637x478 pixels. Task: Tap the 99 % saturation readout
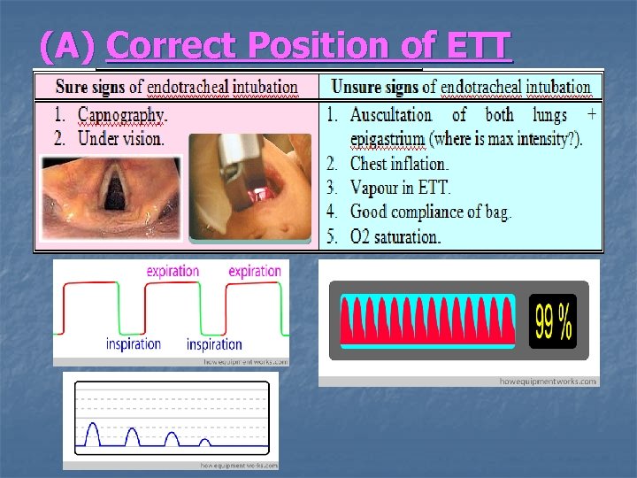pos(553,320)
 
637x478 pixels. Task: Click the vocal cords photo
pos(112,197)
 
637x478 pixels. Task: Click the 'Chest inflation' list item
pos(399,164)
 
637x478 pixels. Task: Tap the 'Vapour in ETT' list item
pos(400,188)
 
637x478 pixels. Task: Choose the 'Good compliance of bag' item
pos(430,212)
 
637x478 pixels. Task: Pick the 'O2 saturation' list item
pos(395,236)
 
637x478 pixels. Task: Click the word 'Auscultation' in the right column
pos(391,115)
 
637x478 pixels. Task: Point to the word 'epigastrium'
pos(391,139)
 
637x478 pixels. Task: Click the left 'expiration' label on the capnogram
pos(173,271)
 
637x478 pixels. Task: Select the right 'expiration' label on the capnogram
pos(255,271)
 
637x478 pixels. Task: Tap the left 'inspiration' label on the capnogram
pos(133,343)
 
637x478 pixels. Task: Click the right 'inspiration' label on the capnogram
pos(214,344)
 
